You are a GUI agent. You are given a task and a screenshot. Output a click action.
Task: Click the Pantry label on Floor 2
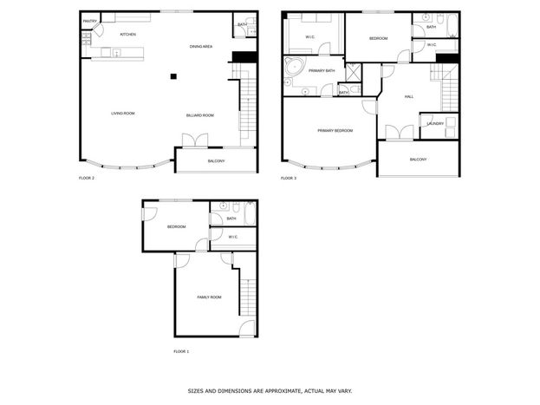[90, 22]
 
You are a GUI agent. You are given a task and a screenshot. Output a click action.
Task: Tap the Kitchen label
[127, 35]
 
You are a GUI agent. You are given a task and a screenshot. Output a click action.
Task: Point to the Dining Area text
[201, 47]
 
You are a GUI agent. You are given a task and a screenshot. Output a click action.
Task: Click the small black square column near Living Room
[173, 76]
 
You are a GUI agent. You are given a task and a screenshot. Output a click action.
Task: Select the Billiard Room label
[200, 115]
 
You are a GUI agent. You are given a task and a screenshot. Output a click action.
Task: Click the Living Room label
[123, 114]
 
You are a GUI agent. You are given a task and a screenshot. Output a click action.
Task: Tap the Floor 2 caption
[87, 178]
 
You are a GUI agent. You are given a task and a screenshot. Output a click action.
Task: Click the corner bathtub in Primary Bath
[295, 66]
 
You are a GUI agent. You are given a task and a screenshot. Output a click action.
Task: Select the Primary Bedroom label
[335, 131]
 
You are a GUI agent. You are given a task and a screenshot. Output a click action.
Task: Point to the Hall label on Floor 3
[409, 97]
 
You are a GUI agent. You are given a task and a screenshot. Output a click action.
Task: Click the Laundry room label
[435, 123]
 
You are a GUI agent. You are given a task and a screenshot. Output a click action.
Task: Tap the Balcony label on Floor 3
[418, 160]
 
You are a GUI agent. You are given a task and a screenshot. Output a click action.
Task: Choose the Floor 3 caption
[289, 178]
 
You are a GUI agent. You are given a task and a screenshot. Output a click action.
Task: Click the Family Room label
[209, 297]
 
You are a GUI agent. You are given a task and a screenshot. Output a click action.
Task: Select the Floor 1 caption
[181, 351]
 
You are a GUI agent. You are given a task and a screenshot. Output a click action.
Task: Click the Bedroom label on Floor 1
[176, 227]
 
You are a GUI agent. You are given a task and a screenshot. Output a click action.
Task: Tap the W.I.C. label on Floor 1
[233, 237]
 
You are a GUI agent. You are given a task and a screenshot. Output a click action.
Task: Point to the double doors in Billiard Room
[195, 140]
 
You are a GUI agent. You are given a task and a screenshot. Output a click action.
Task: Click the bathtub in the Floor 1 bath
[250, 213]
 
